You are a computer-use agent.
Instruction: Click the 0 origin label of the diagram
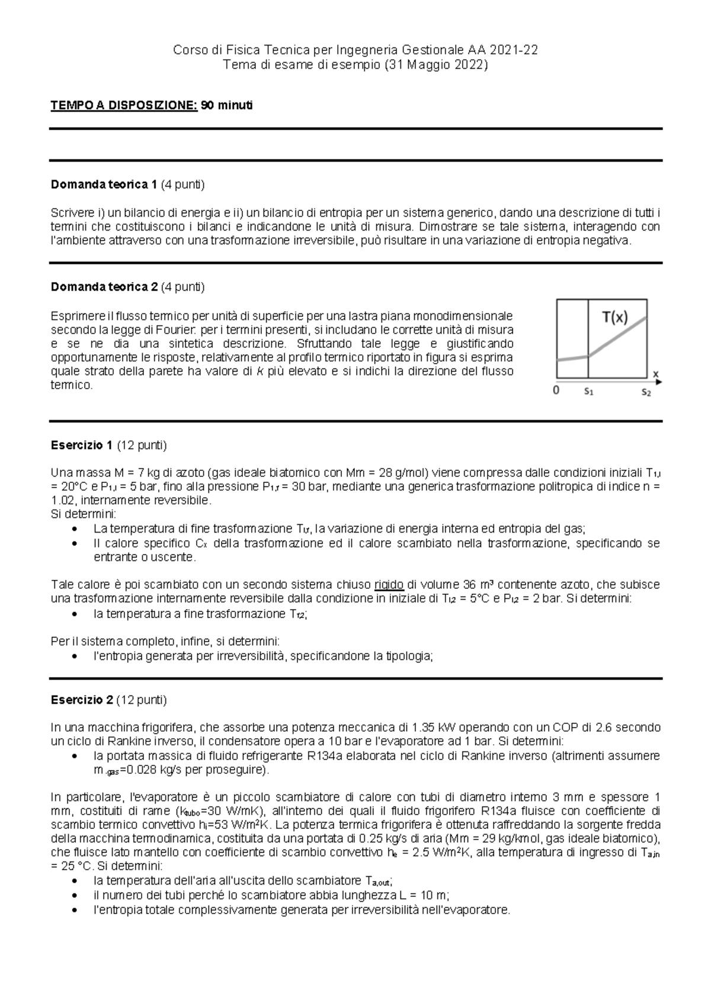[556, 391]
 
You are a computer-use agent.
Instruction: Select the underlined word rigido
[389, 585]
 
